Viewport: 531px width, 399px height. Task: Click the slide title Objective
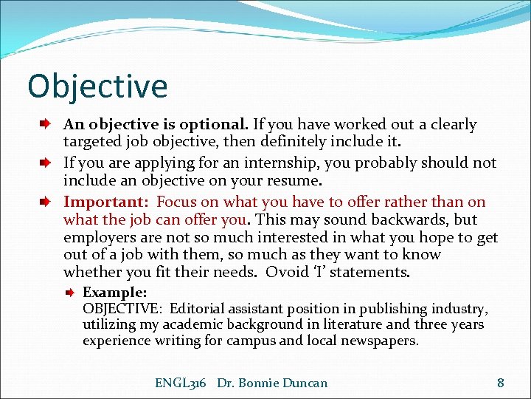tap(97, 86)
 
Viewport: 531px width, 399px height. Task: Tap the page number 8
tap(501, 383)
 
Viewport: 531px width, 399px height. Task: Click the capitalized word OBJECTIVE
tap(117, 309)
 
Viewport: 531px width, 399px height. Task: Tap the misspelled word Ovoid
tap(286, 272)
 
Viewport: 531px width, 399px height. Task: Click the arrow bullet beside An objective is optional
tap(45, 125)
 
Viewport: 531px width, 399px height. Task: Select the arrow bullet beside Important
tap(45, 202)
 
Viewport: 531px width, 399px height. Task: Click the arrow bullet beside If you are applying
tap(45, 163)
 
